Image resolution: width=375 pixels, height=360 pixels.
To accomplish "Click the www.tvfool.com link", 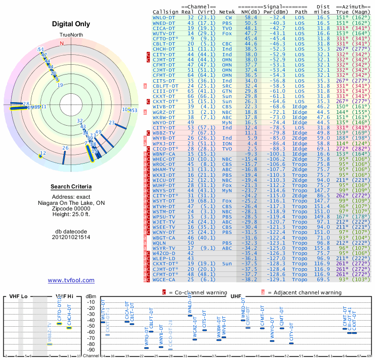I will (71, 280).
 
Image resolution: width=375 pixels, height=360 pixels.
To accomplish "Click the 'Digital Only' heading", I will (71, 24).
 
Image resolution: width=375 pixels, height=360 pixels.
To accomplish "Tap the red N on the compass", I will (61, 44).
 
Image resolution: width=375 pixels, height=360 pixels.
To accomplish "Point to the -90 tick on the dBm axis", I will (91, 350).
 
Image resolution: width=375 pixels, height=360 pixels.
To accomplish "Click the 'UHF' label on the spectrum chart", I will (236, 297).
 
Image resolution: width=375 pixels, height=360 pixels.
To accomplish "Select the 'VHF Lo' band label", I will (18, 297).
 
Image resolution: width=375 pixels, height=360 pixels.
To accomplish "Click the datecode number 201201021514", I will (71, 237).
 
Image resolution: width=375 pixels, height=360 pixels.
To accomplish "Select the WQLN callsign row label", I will (160, 243).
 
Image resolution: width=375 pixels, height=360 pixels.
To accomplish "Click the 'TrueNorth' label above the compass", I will (71, 35).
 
